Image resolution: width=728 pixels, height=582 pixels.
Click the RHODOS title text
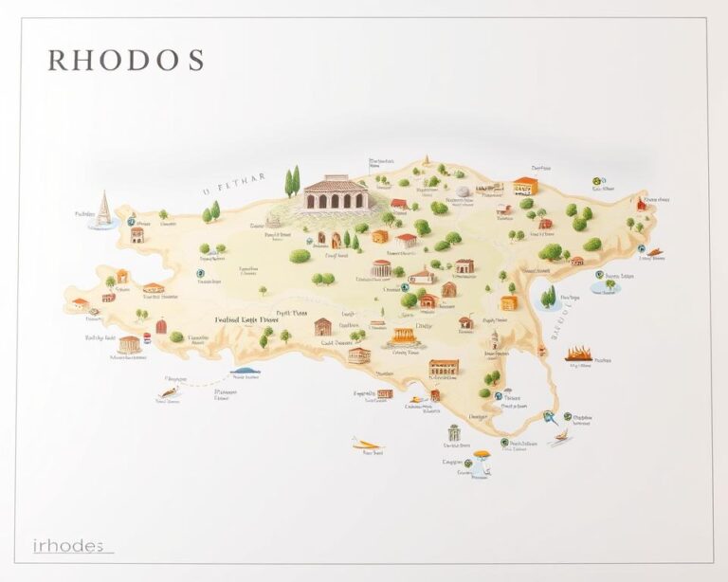click(125, 60)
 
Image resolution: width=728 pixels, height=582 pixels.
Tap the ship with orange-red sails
click(579, 355)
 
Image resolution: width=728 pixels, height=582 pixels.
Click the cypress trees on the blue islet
click(549, 297)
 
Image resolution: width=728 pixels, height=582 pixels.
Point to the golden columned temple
click(404, 336)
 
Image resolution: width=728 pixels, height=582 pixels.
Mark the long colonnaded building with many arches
click(443, 367)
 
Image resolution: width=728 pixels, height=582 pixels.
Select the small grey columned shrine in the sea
click(453, 432)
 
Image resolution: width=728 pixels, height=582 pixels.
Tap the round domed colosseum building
click(381, 268)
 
